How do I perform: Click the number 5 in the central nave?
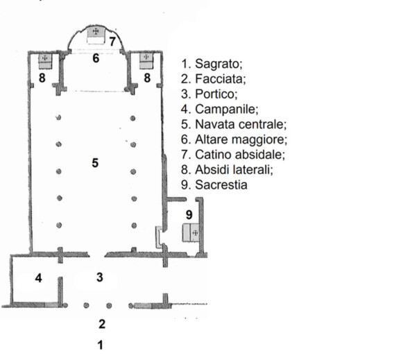95,163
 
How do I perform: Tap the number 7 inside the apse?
112,42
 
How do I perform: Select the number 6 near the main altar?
96,58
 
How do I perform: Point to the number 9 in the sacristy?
189,215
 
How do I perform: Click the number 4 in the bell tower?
39,278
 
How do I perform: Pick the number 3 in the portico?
100,277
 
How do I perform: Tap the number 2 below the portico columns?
102,324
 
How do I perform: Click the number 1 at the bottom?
101,345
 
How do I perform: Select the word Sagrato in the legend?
219,64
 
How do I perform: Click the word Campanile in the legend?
227,110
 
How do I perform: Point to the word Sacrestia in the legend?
221,185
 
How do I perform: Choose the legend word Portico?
216,94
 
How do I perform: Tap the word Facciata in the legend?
221,79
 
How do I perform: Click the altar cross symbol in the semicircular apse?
96,31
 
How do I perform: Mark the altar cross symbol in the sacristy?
195,233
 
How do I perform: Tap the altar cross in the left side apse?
44,58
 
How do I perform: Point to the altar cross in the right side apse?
146,57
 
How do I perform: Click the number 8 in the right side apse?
147,78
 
